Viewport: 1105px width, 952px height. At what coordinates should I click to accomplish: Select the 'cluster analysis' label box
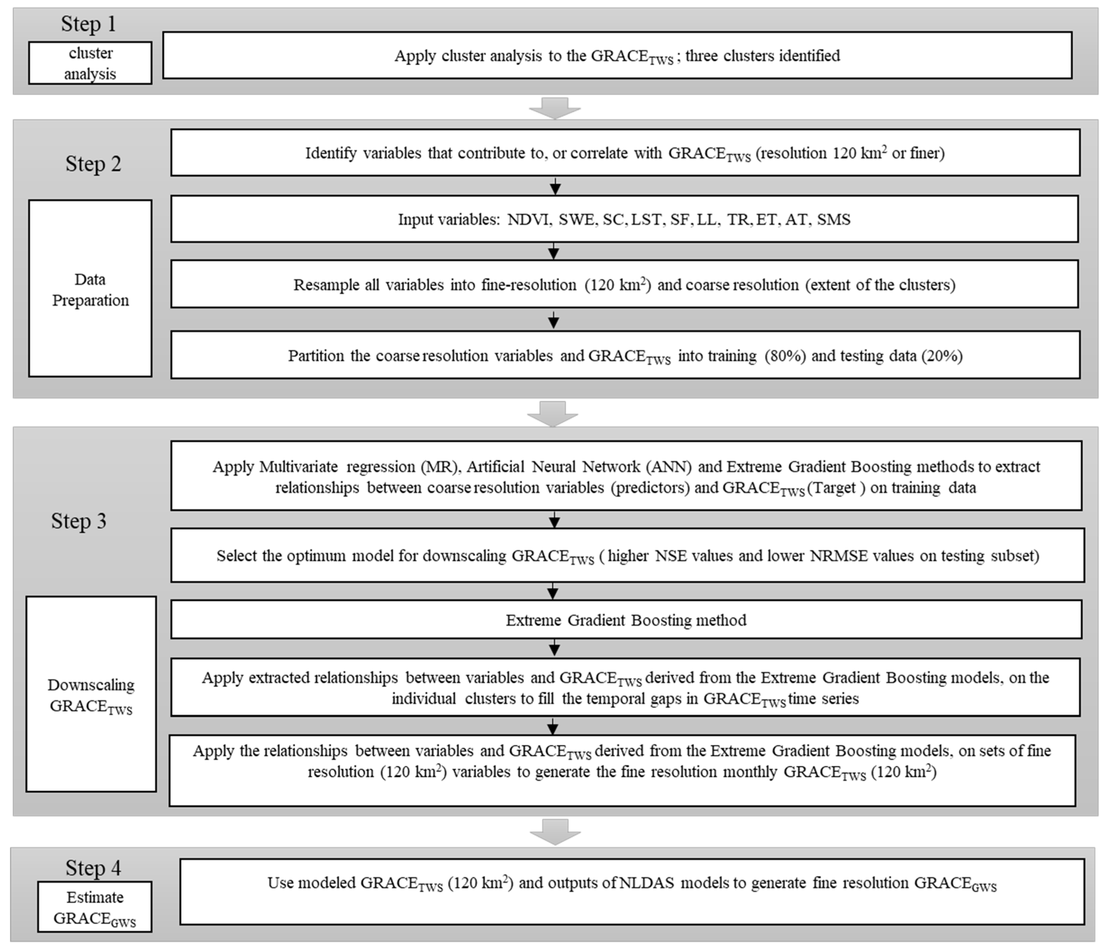90,63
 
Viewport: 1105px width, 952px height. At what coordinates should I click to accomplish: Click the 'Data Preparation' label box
90,288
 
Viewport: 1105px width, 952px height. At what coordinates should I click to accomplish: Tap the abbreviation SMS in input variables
833,220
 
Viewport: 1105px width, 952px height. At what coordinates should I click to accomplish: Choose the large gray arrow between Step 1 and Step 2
554,108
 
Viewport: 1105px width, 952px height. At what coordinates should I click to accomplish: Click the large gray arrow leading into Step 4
554,832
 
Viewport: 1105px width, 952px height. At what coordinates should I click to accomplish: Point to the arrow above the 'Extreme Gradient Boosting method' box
553,591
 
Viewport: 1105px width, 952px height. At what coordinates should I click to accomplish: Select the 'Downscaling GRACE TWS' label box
91,694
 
